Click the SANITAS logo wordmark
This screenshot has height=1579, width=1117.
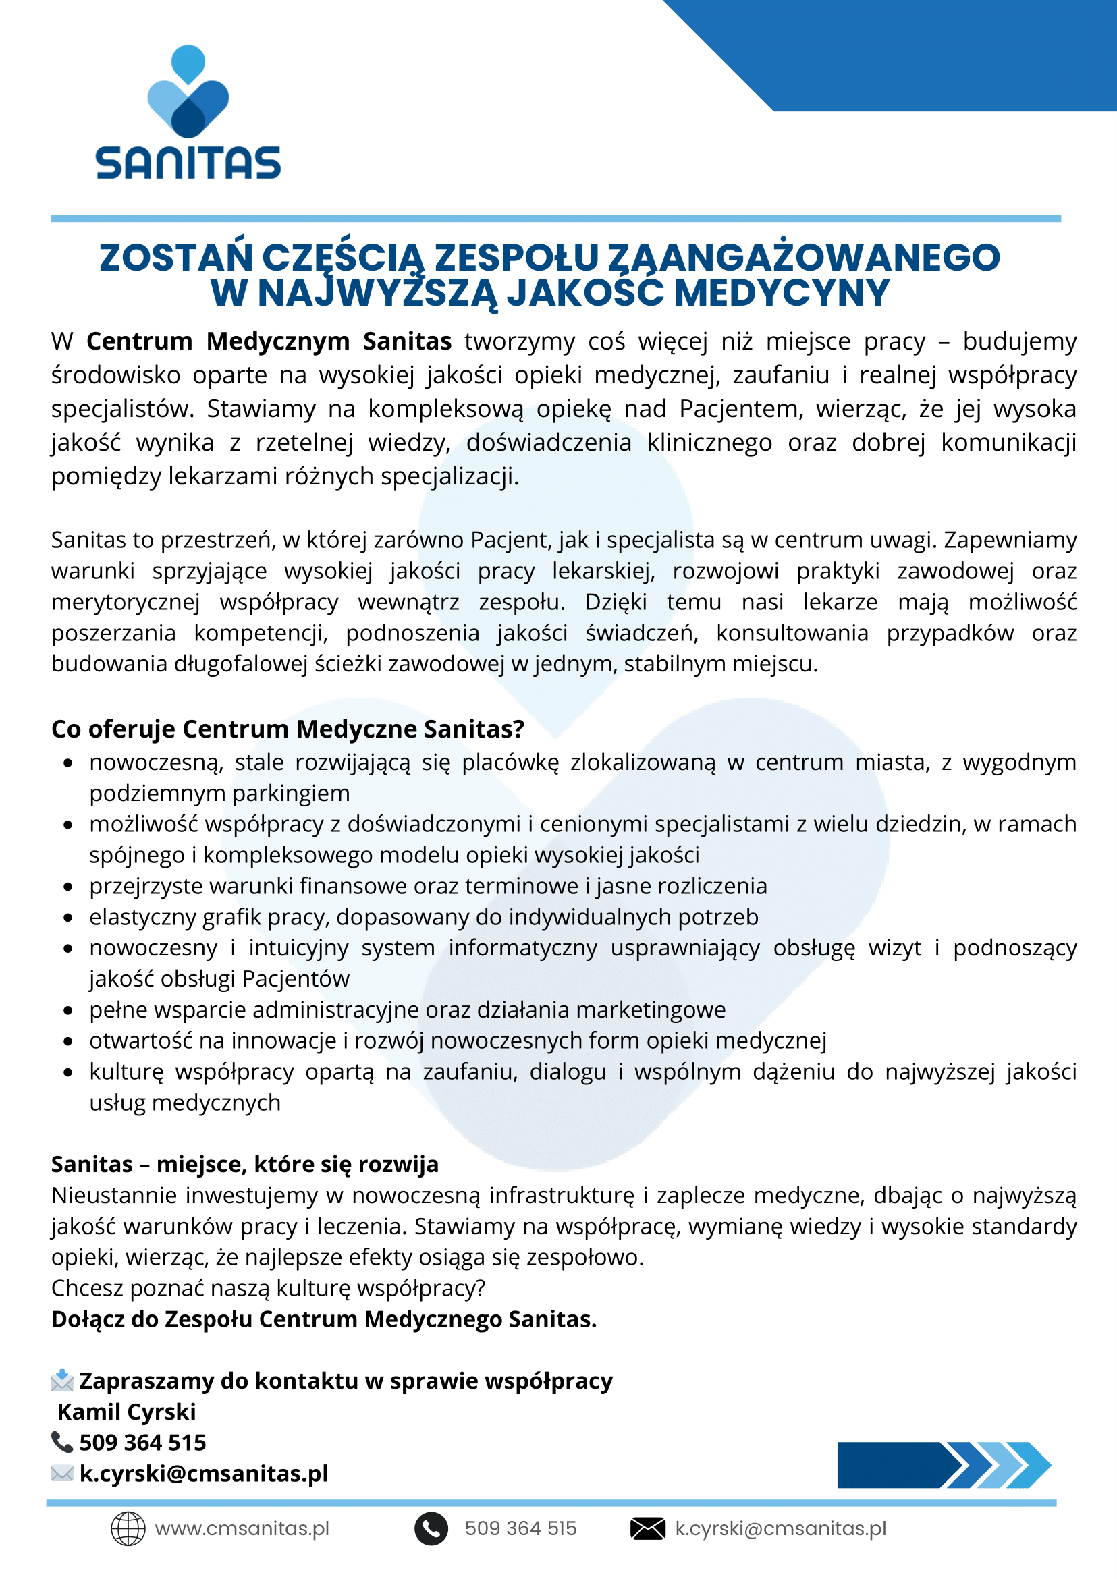(x=188, y=163)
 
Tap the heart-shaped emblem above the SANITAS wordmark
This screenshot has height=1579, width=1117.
(x=188, y=93)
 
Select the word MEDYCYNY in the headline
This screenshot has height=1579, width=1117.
(x=782, y=294)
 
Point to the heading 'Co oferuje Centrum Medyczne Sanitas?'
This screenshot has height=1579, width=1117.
(x=288, y=729)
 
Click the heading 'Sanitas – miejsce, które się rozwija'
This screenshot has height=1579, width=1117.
(x=245, y=1164)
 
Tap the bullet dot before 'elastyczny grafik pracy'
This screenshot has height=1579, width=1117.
(x=67, y=918)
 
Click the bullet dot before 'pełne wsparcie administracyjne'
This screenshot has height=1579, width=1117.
(x=67, y=1010)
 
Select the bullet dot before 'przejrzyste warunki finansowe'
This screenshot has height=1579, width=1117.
(x=67, y=887)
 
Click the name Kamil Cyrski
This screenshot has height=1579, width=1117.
(x=127, y=1412)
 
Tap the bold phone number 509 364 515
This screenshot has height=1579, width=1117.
(x=142, y=1443)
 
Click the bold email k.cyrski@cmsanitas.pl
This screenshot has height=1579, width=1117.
(x=204, y=1474)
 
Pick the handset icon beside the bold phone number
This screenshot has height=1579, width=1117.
(x=62, y=1442)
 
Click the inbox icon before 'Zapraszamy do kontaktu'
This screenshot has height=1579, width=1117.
(x=62, y=1380)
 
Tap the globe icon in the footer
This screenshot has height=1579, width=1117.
(x=128, y=1529)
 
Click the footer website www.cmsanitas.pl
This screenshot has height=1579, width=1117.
(x=242, y=1529)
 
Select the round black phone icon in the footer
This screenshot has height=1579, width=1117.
(x=431, y=1529)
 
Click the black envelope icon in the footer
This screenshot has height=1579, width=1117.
(x=647, y=1529)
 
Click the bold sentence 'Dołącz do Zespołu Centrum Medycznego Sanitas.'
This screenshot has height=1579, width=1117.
(x=324, y=1319)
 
